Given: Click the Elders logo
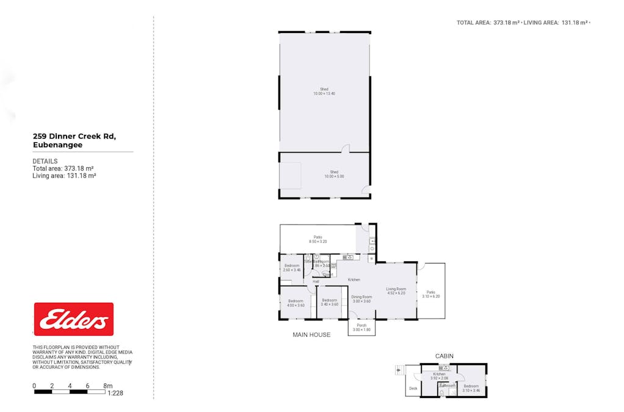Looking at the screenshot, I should [73, 319].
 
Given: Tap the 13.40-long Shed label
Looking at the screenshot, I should [324, 91].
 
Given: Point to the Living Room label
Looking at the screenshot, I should [396, 291].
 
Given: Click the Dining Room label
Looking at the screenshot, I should [361, 299].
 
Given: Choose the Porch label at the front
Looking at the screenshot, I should [361, 327].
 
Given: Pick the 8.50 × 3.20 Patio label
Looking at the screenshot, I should [317, 239].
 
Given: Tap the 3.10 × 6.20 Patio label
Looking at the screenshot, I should [430, 294].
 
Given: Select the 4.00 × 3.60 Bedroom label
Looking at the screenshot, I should [296, 302].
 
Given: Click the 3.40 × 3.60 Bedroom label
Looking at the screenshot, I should [330, 302].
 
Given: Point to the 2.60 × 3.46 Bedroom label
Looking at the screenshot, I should [292, 267].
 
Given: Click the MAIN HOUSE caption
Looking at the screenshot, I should [311, 334].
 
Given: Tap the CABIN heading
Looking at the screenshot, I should [444, 356].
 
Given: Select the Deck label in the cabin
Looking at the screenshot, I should [413, 388].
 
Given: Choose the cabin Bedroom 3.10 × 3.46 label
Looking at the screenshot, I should [471, 388].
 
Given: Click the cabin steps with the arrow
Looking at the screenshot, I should [400, 370].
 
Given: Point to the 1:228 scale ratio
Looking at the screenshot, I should [115, 393].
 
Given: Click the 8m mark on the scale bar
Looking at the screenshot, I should [108, 386].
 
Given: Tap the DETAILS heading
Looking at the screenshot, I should [45, 161].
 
